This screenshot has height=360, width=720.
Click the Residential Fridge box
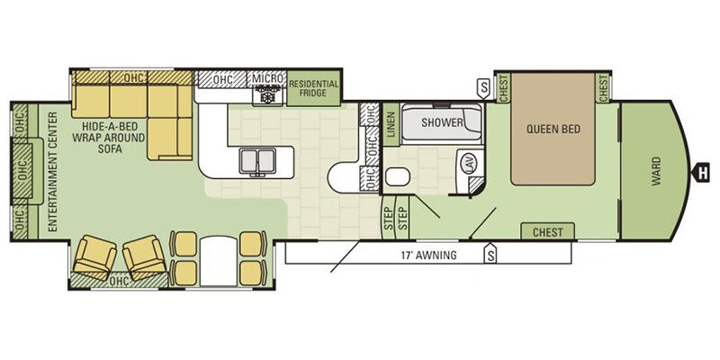point(313,88)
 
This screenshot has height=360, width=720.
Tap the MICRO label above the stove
point(267,78)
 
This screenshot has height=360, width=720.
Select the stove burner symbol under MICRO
point(267,97)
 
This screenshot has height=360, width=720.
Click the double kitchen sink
point(257,161)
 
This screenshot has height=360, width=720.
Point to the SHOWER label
point(442,122)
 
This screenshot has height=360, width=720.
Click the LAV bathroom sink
point(472,163)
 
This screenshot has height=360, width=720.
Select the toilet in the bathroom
point(398,176)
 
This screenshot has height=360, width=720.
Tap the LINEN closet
point(391,124)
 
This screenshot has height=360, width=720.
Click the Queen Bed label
point(553,129)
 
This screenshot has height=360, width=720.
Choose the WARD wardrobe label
point(656,170)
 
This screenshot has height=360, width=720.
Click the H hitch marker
point(701,172)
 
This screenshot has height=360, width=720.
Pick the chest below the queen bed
point(547,232)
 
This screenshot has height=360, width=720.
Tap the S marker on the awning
point(491,254)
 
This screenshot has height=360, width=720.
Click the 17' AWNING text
point(428,255)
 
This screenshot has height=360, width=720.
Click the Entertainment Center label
point(52,172)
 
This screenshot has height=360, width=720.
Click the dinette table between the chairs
point(219,260)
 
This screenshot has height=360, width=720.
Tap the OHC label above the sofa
point(134,77)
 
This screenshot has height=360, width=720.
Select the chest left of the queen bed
point(503,86)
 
